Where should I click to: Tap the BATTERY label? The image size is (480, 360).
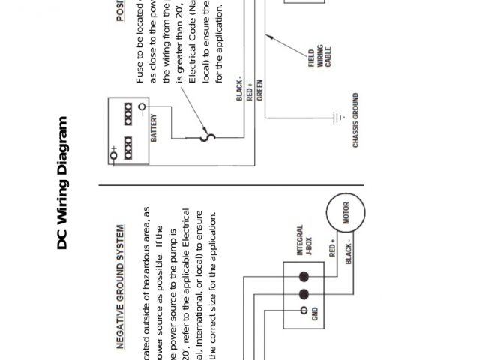coord(154,128)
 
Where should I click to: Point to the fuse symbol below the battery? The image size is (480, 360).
coord(211,136)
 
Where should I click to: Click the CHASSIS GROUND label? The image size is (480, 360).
coord(355,120)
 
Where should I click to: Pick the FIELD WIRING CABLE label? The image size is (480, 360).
coord(319,59)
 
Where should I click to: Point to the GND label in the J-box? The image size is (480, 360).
coord(314,313)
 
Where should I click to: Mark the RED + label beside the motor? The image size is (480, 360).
coord(333,248)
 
